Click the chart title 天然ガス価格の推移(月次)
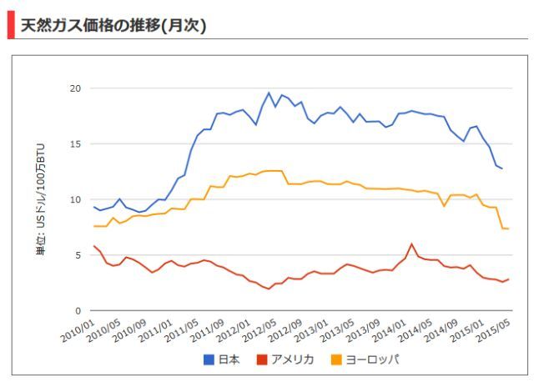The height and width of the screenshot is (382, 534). (x=113, y=25)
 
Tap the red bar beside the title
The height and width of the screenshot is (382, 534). (x=10, y=25)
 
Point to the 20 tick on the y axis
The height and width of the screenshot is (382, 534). (x=74, y=88)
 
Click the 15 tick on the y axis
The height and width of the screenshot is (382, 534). (x=74, y=144)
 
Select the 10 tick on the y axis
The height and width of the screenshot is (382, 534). (x=74, y=199)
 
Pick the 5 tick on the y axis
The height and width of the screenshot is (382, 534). (x=77, y=255)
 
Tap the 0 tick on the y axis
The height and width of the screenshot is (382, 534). (x=77, y=311)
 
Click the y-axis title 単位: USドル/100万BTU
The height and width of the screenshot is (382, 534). (x=41, y=199)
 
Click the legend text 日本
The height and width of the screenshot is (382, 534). (x=229, y=360)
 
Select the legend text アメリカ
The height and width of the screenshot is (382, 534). (x=292, y=360)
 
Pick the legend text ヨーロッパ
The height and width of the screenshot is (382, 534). (x=373, y=360)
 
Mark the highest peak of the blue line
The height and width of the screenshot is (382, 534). (x=269, y=93)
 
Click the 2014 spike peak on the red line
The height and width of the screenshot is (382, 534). (x=411, y=244)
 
